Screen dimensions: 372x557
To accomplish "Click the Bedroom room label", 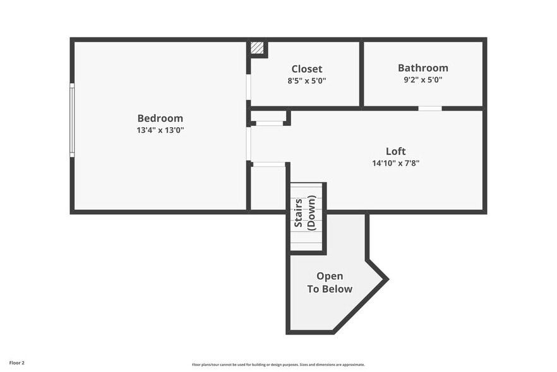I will [x=160, y=118].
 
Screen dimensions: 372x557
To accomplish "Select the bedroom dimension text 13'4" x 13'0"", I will [x=160, y=130].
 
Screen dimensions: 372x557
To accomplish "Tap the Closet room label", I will [x=306, y=69].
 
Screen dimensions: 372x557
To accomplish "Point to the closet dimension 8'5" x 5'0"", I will [x=306, y=81].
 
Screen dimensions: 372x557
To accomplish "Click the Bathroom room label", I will [x=422, y=68].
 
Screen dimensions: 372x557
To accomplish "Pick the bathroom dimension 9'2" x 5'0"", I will [x=422, y=80].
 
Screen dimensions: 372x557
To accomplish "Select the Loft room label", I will [x=395, y=151].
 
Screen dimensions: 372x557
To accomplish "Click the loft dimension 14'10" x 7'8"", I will [x=395, y=163].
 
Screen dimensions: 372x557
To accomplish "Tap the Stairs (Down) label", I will [x=306, y=212].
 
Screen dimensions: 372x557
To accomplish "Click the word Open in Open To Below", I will [x=330, y=276].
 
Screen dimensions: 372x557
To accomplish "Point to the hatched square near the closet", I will [x=257, y=48].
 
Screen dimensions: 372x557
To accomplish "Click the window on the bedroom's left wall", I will [x=72, y=120].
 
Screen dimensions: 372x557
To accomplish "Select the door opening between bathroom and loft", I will [x=430, y=108].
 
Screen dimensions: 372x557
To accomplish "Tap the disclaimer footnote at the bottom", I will [x=278, y=364].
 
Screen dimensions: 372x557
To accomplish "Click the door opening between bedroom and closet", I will [x=249, y=87].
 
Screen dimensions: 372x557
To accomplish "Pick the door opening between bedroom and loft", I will [x=249, y=144].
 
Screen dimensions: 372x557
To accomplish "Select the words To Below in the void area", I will [x=330, y=289].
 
